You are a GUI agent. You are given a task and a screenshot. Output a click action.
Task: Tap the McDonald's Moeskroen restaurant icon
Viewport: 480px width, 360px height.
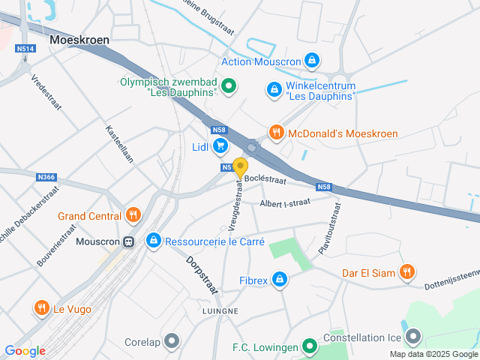tap(276, 133)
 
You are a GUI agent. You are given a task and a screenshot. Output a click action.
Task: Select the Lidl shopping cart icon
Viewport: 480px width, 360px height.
tap(220, 145)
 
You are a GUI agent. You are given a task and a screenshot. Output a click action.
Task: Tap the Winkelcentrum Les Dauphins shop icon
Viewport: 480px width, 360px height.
tap(274, 91)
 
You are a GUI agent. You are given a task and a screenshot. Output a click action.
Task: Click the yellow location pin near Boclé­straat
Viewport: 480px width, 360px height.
tap(240, 167)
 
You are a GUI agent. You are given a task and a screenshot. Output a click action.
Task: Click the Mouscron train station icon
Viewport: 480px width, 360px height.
tap(128, 241)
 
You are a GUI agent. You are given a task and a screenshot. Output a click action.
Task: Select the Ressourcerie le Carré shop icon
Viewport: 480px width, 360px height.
tap(153, 241)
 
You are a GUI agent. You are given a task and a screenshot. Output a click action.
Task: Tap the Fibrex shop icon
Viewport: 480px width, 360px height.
tap(279, 280)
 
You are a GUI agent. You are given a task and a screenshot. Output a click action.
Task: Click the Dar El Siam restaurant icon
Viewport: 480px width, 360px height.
tap(406, 272)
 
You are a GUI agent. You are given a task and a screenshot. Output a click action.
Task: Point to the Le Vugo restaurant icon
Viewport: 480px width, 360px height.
tap(40, 307)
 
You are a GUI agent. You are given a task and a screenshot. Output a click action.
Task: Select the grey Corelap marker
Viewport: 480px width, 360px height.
tap(172, 341)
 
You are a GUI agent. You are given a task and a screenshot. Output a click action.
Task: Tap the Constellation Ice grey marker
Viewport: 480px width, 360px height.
tap(412, 337)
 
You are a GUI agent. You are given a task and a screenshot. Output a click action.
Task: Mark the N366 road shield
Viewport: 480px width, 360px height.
tap(46, 177)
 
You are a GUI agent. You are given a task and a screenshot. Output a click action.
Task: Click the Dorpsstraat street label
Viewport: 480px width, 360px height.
tap(200, 277)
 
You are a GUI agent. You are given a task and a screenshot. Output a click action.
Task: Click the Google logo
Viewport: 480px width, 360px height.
tap(25, 350)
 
